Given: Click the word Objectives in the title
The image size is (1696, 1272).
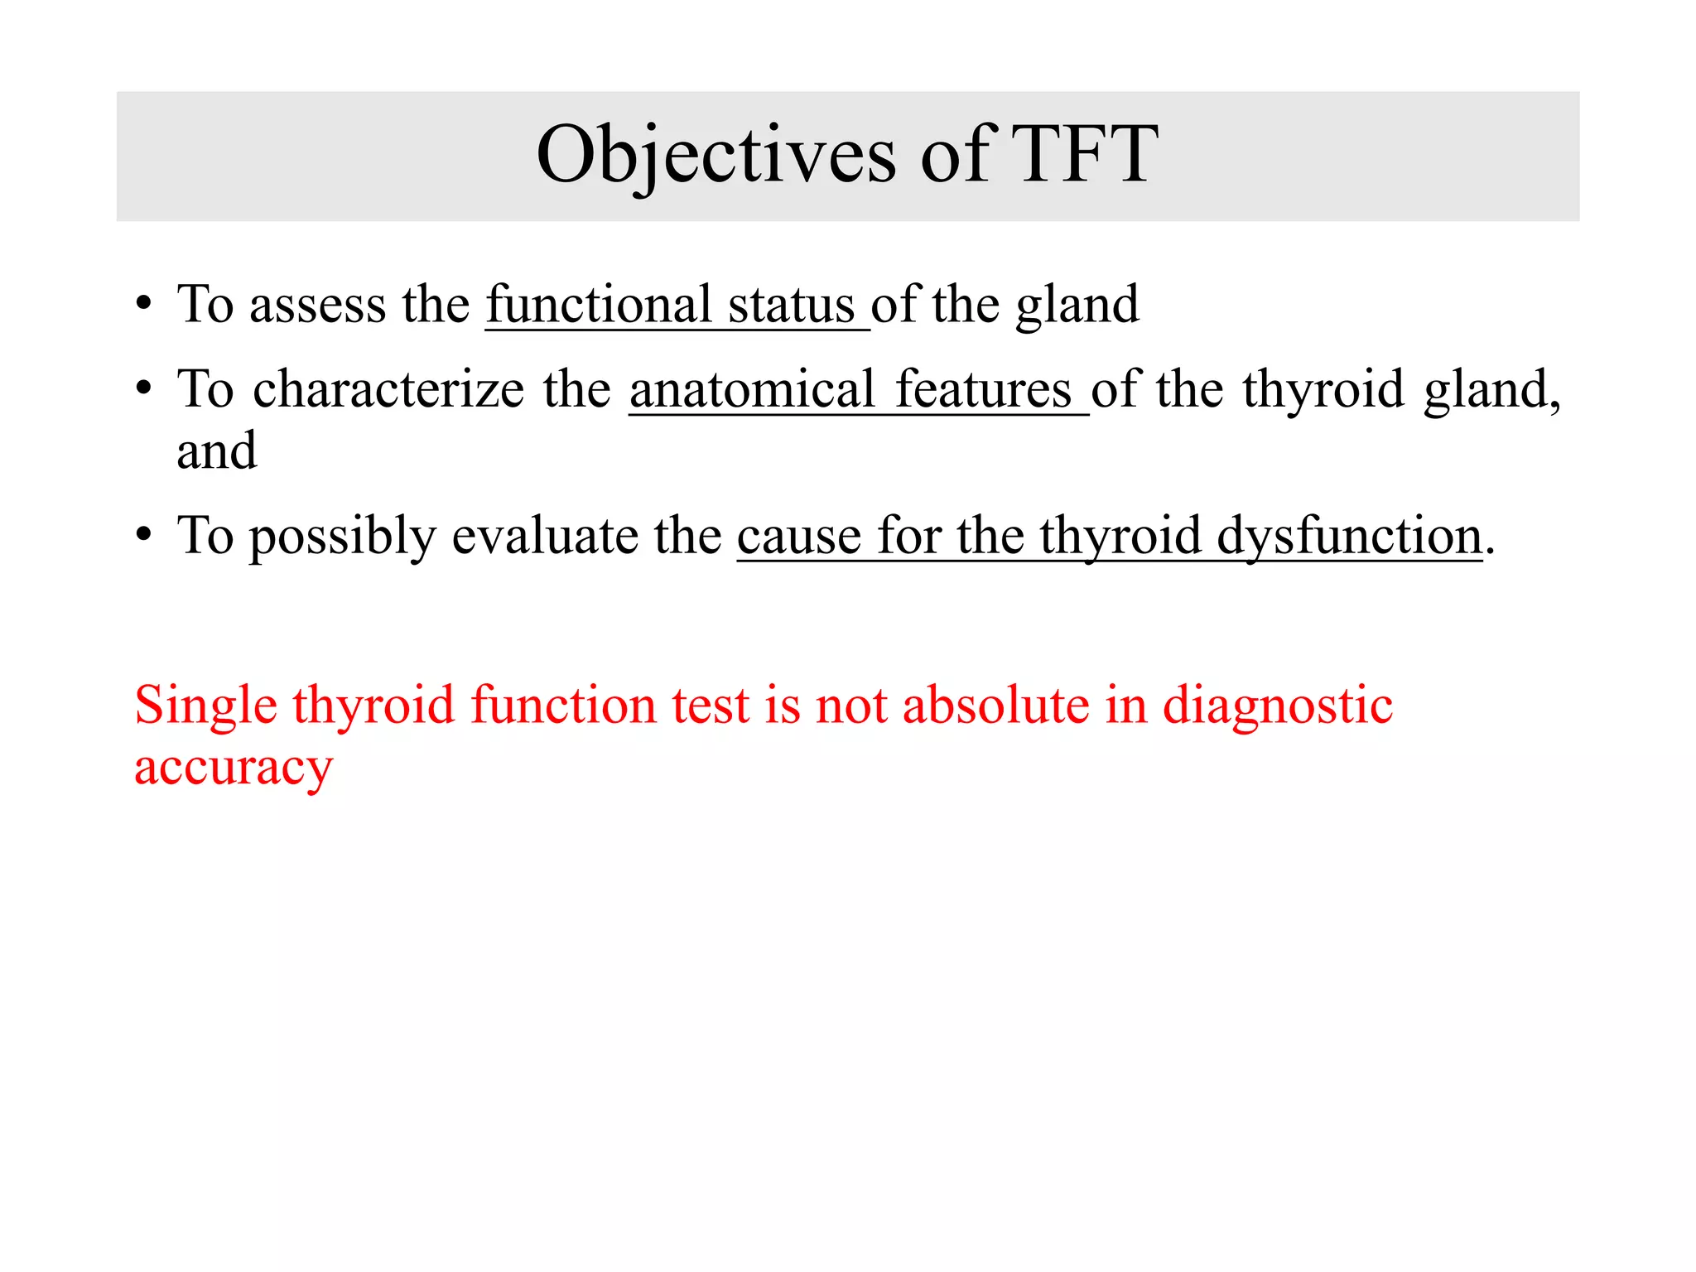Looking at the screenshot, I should [x=716, y=156].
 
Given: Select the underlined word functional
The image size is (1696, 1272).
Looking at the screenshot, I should [x=599, y=304].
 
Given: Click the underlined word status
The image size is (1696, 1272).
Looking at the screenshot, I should [x=791, y=304].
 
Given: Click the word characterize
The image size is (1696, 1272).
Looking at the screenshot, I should [x=388, y=389].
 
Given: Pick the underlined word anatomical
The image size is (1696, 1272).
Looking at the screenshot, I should [x=752, y=389].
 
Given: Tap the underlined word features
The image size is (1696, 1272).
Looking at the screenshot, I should [x=983, y=389].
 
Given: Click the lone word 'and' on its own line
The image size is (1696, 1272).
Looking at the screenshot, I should [x=217, y=451].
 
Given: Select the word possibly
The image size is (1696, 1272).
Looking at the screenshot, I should [x=343, y=537].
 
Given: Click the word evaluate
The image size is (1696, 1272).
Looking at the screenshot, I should [x=545, y=537].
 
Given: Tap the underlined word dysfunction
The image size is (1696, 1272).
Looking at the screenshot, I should [x=1349, y=537].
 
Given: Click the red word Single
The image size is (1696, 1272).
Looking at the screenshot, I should [x=205, y=706].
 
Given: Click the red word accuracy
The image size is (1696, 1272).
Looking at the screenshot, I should [x=234, y=768].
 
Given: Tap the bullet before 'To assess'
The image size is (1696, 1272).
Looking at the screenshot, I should [x=144, y=304].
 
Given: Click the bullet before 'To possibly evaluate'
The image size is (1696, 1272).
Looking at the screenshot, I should [x=144, y=535].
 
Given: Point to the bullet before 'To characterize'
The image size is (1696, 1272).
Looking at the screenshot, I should [x=144, y=388].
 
